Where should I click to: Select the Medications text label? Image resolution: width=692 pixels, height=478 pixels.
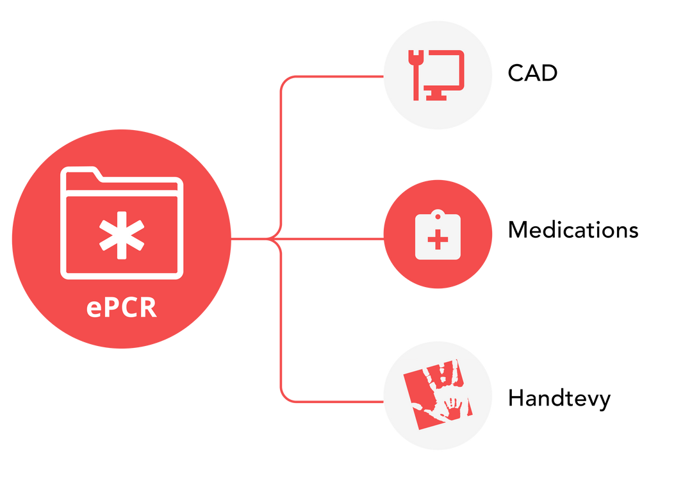(573, 229)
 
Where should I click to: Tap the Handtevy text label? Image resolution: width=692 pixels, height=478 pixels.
(559, 399)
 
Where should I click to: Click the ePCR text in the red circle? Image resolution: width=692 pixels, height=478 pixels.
(122, 307)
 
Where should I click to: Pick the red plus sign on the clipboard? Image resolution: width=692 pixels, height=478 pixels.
(438, 242)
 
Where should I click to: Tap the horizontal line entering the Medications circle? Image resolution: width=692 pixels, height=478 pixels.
(333, 239)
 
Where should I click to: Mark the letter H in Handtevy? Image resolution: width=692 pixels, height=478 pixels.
(516, 399)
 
